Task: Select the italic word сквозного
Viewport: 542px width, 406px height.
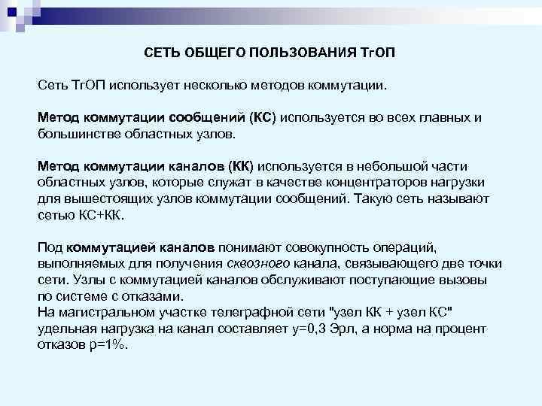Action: pyautogui.click(x=256, y=262)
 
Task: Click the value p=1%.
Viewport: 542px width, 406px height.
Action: pyautogui.click(x=108, y=344)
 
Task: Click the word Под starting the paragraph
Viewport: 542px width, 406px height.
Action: pyautogui.click(x=50, y=247)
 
